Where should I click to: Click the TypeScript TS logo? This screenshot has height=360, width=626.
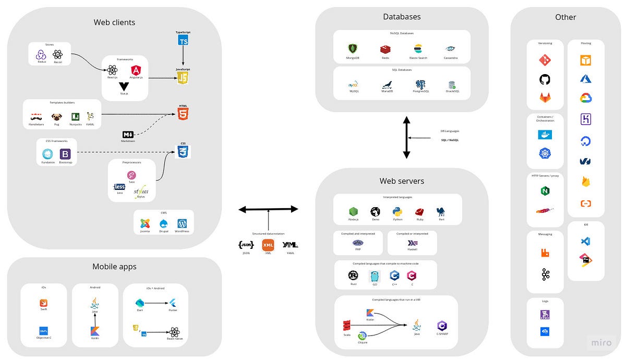tap(183, 40)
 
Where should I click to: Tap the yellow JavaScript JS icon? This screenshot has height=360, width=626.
tap(183, 78)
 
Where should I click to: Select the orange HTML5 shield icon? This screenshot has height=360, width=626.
tap(183, 114)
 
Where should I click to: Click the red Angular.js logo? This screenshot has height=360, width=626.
tap(136, 70)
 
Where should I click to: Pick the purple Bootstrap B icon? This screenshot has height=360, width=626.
tap(65, 154)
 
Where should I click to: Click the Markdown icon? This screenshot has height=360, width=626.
tap(128, 135)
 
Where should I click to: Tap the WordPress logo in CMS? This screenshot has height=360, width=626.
tap(182, 223)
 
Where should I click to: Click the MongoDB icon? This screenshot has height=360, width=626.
tap(352, 49)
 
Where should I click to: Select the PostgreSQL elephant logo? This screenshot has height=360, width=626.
tap(420, 85)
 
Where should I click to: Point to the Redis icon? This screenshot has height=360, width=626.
tap(385, 49)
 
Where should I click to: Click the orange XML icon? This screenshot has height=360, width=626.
tap(268, 245)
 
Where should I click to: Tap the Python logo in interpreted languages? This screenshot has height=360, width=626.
tap(398, 212)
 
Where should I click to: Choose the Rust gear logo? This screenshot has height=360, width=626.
tap(353, 275)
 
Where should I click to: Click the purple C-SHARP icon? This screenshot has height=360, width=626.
tap(442, 327)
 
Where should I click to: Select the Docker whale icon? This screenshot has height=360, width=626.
tap(545, 135)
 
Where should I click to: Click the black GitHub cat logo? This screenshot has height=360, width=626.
tap(545, 79)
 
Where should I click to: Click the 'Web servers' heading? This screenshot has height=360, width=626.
tap(402, 181)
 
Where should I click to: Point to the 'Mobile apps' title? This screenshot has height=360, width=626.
tap(114, 267)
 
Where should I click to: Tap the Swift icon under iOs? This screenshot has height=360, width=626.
tap(44, 303)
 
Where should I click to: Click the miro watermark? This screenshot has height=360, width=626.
tap(601, 343)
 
